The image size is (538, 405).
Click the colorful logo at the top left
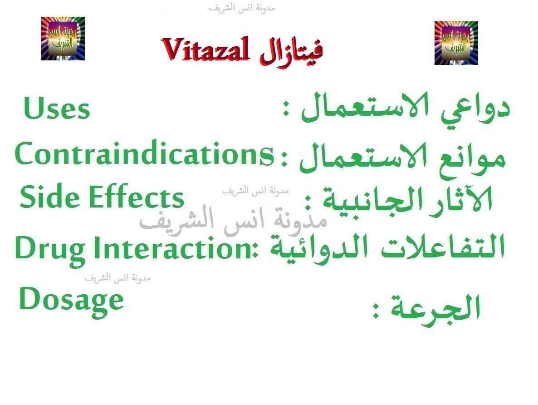click(x=63, y=39)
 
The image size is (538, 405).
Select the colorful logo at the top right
click(x=456, y=43)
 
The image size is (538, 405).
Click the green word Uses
click(x=57, y=109)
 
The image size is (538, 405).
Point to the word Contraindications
click(x=144, y=154)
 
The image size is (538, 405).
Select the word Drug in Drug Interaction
click(x=50, y=249)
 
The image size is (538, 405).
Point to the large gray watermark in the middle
click(x=233, y=221)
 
